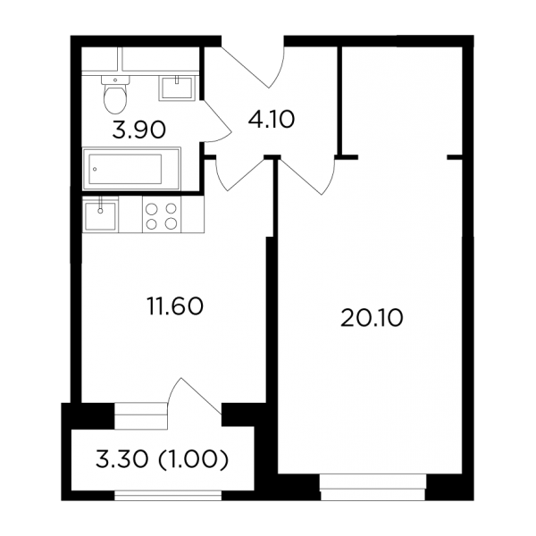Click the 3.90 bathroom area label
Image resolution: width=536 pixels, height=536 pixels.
(139, 130)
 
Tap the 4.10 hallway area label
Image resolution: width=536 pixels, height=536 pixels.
(270, 120)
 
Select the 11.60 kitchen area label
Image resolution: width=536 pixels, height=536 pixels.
(175, 306)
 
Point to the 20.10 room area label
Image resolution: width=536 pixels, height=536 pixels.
(372, 317)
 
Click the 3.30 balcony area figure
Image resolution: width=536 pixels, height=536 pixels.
(122, 459)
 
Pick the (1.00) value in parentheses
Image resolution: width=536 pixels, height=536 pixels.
(193, 459)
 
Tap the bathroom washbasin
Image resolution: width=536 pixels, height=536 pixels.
(177, 88)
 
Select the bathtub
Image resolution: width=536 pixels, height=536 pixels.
(131, 169)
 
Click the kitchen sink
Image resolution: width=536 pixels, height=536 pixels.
(100, 216)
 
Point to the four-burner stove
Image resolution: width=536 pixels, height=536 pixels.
(162, 215)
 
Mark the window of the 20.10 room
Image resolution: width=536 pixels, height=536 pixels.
(373, 486)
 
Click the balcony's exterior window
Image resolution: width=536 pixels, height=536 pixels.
(168, 495)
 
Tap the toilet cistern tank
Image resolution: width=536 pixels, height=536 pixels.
(115, 80)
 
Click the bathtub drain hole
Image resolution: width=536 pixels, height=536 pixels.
(95, 169)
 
